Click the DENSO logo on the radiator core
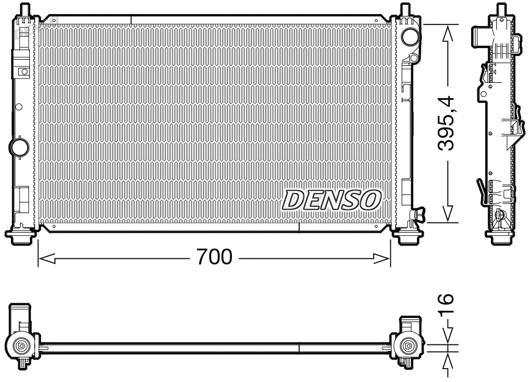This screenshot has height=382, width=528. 332,199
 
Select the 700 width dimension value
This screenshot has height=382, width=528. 214,257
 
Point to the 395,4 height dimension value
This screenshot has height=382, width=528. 450,124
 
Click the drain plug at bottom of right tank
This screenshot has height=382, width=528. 419,214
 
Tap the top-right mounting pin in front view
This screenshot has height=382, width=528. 405,10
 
